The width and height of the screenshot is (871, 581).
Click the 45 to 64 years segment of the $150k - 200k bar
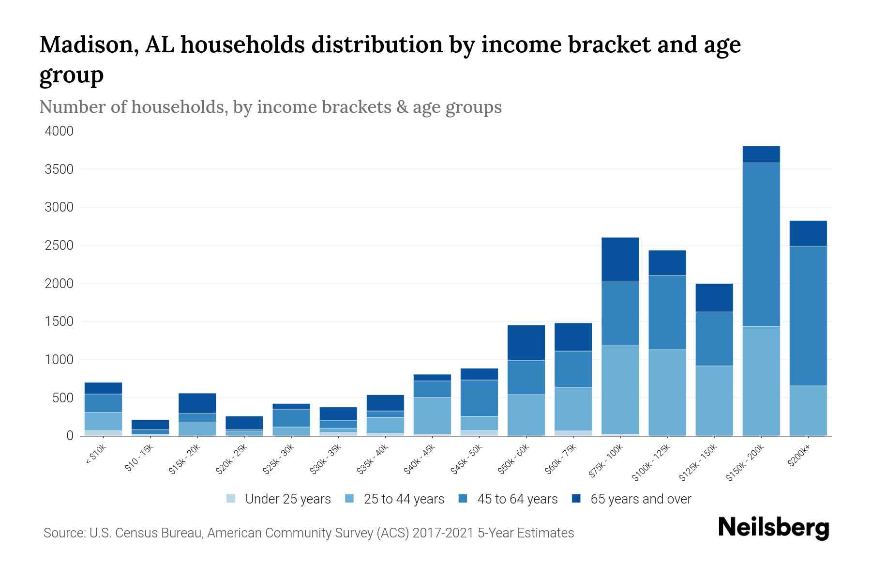click(761, 245)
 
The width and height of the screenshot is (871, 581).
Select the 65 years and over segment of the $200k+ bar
click(808, 233)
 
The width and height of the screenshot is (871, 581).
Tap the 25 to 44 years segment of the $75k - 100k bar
click(620, 389)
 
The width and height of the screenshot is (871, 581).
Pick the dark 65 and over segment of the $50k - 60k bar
click(526, 342)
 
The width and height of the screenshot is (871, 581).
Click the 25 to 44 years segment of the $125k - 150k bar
click(714, 400)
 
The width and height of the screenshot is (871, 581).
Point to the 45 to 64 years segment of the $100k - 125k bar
click(667, 312)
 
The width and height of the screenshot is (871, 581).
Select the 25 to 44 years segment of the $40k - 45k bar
click(432, 415)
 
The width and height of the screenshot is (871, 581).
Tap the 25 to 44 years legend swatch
click(349, 499)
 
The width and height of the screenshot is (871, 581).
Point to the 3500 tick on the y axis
click(60, 169)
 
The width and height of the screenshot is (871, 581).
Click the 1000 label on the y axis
click(60, 360)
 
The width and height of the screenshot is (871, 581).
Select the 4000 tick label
click(60, 131)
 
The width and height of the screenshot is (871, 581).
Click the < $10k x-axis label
click(96, 455)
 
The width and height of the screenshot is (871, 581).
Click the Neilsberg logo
click(773, 527)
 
